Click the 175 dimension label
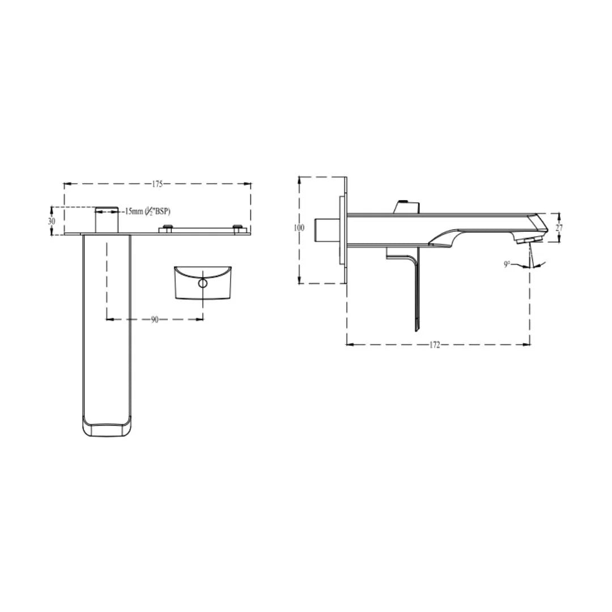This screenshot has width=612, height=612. pyautogui.click(x=157, y=184)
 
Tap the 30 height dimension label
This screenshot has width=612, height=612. pyautogui.click(x=52, y=221)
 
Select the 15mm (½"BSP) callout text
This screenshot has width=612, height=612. pyautogui.click(x=146, y=211)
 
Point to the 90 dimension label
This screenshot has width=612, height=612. pyautogui.click(x=155, y=320)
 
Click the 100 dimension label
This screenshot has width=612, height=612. pyautogui.click(x=299, y=228)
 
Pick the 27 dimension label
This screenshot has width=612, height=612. pyautogui.click(x=559, y=228)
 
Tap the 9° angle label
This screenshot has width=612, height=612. pyautogui.click(x=507, y=264)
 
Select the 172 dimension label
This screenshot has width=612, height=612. pyautogui.click(x=435, y=345)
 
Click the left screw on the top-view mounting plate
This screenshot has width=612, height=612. pyautogui.click(x=167, y=228)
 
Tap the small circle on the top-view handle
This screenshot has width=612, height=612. pyautogui.click(x=203, y=283)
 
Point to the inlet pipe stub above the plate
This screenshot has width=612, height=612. pyautogui.click(x=107, y=219)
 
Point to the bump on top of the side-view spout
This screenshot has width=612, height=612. pyautogui.click(x=406, y=206)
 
